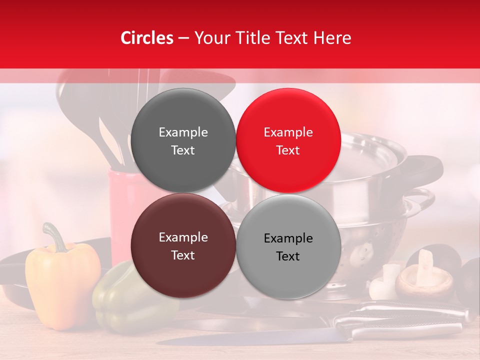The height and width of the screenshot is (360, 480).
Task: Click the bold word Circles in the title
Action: point(147,38)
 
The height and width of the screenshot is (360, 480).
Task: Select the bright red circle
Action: point(288,140)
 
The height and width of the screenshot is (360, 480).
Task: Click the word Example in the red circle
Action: point(288,132)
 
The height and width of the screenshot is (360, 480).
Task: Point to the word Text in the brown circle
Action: point(183,255)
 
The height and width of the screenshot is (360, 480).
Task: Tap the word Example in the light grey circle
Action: point(288,238)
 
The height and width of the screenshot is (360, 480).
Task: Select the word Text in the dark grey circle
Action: point(183,150)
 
